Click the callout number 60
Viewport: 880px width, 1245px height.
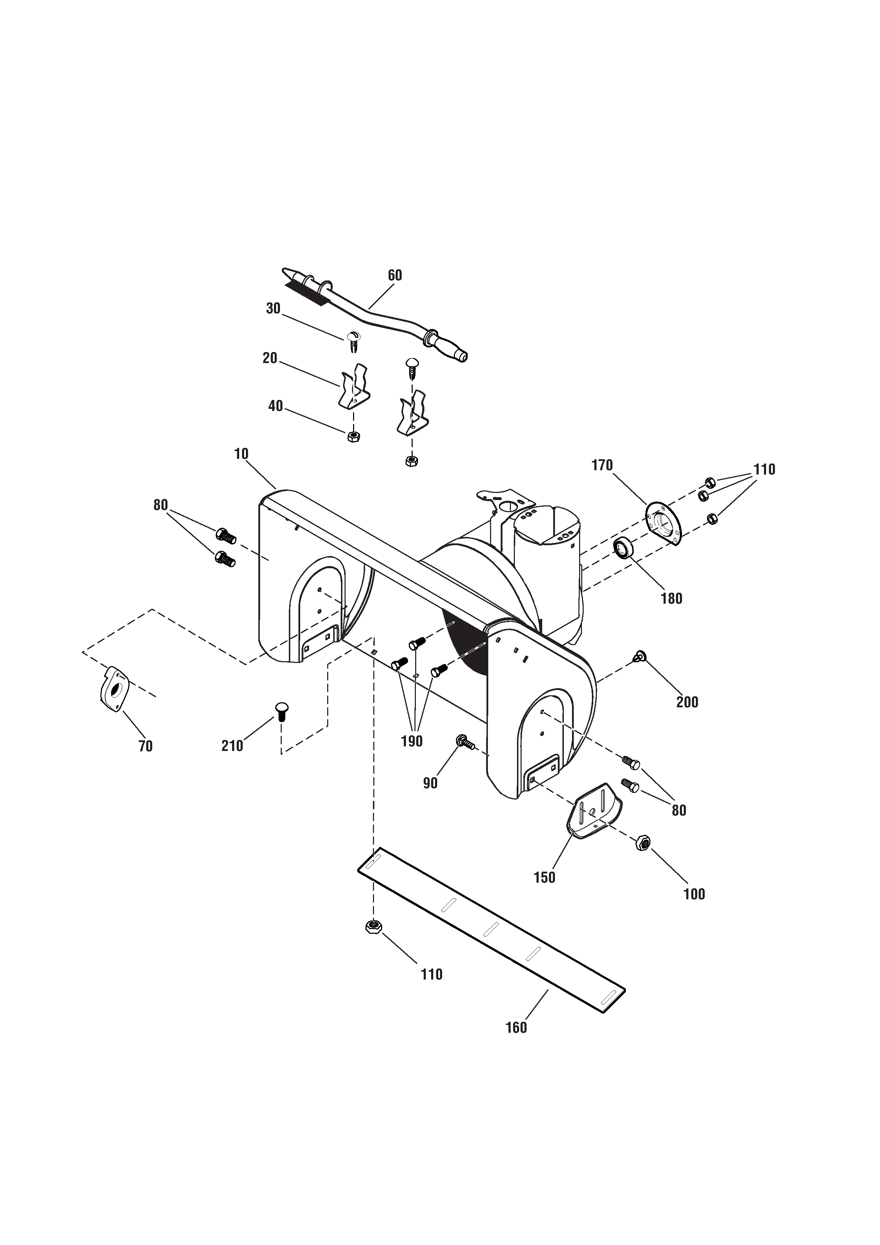[395, 275]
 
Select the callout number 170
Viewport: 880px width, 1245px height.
[602, 465]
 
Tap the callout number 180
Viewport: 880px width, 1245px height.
[671, 599]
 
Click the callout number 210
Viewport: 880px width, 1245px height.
[232, 746]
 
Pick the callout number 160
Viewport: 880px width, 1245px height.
[516, 1027]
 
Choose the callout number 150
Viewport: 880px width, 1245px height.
[544, 877]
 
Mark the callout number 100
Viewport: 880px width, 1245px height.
[694, 894]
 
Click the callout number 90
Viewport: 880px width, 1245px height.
[430, 783]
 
